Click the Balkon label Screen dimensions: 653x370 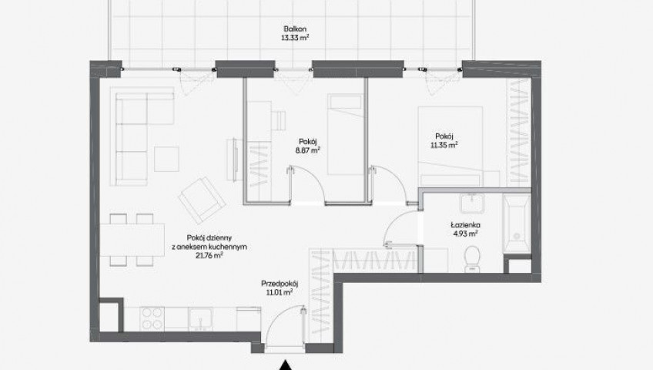tap(295, 29)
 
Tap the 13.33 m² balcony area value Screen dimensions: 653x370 tap(295, 38)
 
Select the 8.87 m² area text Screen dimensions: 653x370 tap(308, 150)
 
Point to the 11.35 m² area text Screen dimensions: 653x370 tap(444, 145)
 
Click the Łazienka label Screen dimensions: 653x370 tap(465, 225)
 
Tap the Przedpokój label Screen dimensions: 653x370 tap(280, 284)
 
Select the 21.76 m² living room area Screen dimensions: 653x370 tap(209, 255)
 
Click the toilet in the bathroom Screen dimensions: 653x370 tap(472, 259)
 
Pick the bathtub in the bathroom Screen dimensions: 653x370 tap(517, 224)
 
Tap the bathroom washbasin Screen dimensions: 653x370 tap(474, 203)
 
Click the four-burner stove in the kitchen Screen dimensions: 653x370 tap(152, 319)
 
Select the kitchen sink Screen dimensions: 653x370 tap(201, 319)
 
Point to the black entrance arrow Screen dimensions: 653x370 tap(285, 365)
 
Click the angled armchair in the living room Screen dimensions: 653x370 tap(202, 200)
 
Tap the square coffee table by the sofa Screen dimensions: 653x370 tap(166, 159)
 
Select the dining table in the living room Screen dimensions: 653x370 tap(132, 240)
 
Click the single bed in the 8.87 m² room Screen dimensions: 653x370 tap(345, 134)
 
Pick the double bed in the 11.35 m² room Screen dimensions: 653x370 tap(450, 146)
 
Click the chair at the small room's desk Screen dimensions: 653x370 tap(279, 120)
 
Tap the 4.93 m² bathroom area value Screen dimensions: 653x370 tap(465, 234)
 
